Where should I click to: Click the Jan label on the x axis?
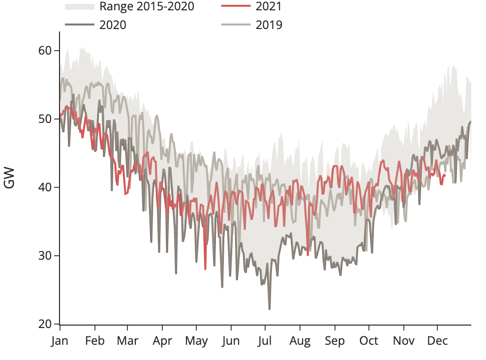(x=60, y=341)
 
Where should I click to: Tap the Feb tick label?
(x=94, y=341)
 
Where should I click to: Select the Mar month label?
(x=127, y=341)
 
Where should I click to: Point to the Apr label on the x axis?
(x=162, y=341)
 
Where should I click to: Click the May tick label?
(x=196, y=341)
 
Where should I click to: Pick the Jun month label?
(x=231, y=341)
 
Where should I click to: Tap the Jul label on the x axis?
(x=265, y=341)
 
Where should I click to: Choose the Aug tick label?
(x=300, y=341)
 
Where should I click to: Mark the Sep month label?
(x=335, y=341)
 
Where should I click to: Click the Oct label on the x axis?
(x=369, y=341)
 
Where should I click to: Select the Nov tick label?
(x=404, y=341)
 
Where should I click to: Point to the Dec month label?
(x=437, y=341)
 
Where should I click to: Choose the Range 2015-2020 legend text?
(x=147, y=6)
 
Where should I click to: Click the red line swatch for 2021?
(x=236, y=6)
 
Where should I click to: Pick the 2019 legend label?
(x=269, y=25)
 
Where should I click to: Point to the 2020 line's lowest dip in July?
(x=270, y=309)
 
